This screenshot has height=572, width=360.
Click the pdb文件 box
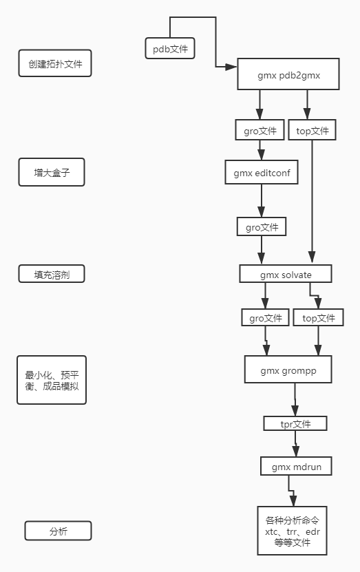point(170,49)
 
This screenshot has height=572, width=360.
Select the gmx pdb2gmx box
point(288,74)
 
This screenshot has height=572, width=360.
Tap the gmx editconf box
point(262,173)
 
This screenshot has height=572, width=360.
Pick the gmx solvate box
point(286,274)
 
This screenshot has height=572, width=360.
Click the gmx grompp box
point(288,370)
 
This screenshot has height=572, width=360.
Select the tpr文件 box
point(295,423)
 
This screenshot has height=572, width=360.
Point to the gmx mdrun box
point(296,467)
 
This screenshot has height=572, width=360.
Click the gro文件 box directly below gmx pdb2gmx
point(260,131)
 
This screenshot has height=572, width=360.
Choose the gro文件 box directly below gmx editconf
point(262,226)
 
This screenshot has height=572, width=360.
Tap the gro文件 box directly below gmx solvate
point(264,317)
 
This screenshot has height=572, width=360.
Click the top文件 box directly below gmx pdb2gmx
point(312,131)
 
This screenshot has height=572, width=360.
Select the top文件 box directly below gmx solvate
point(318,317)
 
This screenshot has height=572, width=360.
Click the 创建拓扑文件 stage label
point(54,65)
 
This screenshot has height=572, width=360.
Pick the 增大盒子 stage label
point(50,172)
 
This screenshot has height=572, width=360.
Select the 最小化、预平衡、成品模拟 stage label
point(52,380)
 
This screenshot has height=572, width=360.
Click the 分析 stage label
point(58,531)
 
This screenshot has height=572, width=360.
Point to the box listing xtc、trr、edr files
point(292,531)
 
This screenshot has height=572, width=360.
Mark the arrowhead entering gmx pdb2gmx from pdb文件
point(232,67)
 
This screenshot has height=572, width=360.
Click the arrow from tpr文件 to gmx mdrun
point(296,445)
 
